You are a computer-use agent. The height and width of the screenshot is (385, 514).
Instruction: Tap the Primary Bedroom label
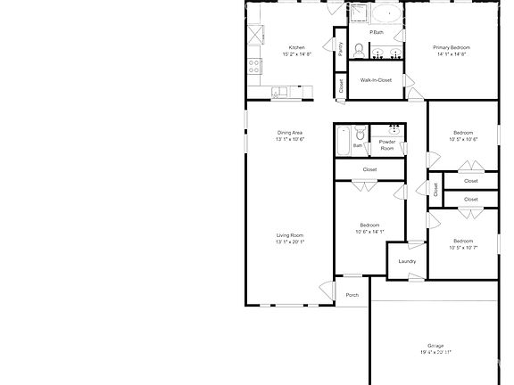pyautogui.click(x=452, y=47)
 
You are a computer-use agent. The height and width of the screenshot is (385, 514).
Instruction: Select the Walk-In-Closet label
pyautogui.click(x=376, y=80)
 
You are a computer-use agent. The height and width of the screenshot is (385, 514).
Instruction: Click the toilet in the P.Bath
pyautogui.click(x=358, y=50)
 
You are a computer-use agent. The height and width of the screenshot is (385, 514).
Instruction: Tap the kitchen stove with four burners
pyautogui.click(x=253, y=65)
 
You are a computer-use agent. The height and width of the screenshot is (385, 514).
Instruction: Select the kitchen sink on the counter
pyautogui.click(x=280, y=90)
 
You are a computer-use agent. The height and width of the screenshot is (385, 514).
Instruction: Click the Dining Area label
pyautogui.click(x=290, y=133)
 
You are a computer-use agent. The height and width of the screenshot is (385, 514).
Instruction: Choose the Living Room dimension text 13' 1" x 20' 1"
pyautogui.click(x=290, y=242)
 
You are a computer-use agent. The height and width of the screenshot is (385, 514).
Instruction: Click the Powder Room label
pyautogui.click(x=387, y=145)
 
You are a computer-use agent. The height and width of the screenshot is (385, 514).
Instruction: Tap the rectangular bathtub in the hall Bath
pyautogui.click(x=343, y=142)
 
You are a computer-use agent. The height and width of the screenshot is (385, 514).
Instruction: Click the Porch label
pyautogui.click(x=352, y=295)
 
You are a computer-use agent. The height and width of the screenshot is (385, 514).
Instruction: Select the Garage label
pyautogui.click(x=435, y=345)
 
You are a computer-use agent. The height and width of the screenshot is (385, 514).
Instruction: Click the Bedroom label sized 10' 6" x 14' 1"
pyautogui.click(x=369, y=225)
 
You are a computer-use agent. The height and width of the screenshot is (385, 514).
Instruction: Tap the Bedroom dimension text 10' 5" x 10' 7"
pyautogui.click(x=464, y=247)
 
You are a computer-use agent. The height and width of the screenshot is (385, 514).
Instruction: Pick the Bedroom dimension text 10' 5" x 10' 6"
pyautogui.click(x=464, y=139)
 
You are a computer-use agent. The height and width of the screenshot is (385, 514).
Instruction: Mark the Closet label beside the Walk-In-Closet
pyautogui.click(x=340, y=86)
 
